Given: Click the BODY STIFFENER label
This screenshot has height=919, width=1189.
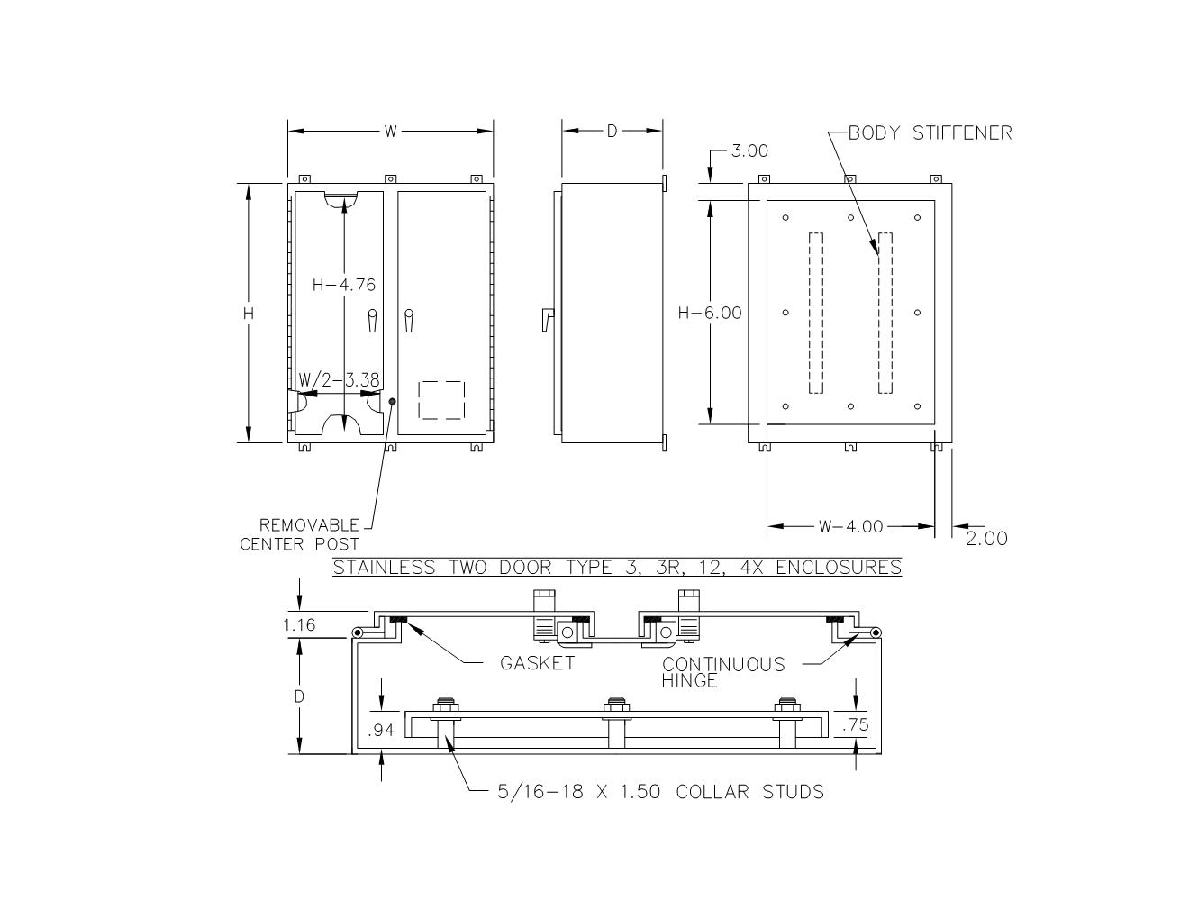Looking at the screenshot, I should pyautogui.click(x=930, y=132).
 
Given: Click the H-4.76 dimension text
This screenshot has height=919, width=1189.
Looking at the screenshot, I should pyautogui.click(x=343, y=285).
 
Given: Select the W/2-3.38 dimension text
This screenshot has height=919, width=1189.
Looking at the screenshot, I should pyautogui.click(x=339, y=379).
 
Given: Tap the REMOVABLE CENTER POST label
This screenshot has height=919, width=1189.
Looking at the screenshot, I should pyautogui.click(x=301, y=534).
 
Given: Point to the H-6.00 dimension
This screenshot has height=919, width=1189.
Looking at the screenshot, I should pyautogui.click(x=710, y=313).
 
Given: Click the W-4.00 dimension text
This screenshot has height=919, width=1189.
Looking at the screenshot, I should pyautogui.click(x=850, y=526).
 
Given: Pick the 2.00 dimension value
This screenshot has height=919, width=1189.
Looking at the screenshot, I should pyautogui.click(x=986, y=539).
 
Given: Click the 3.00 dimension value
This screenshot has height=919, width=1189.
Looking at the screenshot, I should pyautogui.click(x=749, y=150).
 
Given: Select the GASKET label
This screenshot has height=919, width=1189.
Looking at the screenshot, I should pyautogui.click(x=537, y=663).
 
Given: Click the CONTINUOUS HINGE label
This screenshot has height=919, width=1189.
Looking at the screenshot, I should pyautogui.click(x=722, y=671).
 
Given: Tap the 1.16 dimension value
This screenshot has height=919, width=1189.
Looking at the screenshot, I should pyautogui.click(x=299, y=624).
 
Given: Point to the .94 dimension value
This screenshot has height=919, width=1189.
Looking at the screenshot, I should pyautogui.click(x=382, y=730).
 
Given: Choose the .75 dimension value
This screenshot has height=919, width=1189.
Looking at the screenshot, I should pyautogui.click(x=855, y=725).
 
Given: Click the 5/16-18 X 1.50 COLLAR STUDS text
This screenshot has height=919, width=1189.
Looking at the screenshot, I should pyautogui.click(x=660, y=792).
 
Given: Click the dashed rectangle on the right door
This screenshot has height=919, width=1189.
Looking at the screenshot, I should pyautogui.click(x=441, y=399).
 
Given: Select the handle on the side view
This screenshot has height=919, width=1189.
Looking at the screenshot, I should pyautogui.click(x=547, y=319).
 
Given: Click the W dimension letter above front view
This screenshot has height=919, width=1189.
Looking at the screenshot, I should pyautogui.click(x=390, y=132).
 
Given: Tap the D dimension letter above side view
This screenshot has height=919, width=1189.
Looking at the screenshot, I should pyautogui.click(x=612, y=132).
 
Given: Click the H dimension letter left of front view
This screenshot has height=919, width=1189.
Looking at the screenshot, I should pyautogui.click(x=249, y=314).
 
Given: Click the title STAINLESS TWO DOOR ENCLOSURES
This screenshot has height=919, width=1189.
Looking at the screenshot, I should pyautogui.click(x=617, y=567).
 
